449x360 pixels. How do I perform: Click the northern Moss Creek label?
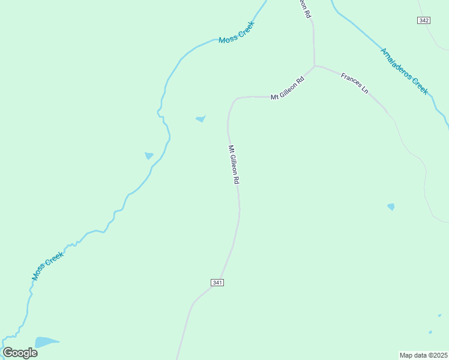tap(237, 32)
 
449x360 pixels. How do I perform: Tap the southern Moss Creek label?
tap(47, 266)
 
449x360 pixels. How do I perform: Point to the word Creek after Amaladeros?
tap(421, 86)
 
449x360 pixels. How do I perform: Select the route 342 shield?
tap(424, 20)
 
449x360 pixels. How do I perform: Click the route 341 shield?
tap(217, 283)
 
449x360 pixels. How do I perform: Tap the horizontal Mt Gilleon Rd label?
tap(288, 88)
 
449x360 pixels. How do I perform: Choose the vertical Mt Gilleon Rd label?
tap(234, 164)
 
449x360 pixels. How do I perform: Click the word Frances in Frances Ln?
tap(351, 80)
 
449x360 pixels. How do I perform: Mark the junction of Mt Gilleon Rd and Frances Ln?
tap(314, 65)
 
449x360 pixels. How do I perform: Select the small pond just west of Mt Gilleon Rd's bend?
tap(200, 119)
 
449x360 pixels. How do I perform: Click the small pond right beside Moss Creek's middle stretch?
tap(149, 156)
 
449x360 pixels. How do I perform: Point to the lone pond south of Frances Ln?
tap(391, 206)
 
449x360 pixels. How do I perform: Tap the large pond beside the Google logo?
tap(46, 343)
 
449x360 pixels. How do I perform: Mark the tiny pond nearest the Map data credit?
tap(430, 332)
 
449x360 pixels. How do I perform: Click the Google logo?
tap(20, 353)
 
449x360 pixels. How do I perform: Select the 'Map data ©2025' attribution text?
tap(423, 355)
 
